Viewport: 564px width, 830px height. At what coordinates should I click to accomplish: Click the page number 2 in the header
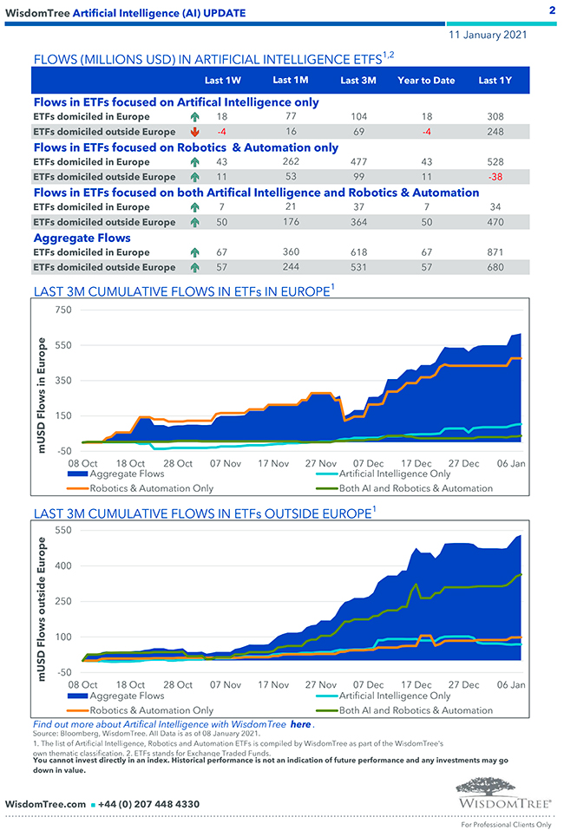(x=552, y=10)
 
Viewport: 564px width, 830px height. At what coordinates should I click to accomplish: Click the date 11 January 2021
(x=487, y=36)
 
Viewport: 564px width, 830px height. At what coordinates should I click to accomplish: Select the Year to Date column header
(x=426, y=81)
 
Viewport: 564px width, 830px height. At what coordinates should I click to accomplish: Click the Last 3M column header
(x=357, y=81)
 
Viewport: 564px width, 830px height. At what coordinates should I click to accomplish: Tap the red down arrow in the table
(x=194, y=132)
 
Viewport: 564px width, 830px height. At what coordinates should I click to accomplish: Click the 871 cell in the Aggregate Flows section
(x=495, y=252)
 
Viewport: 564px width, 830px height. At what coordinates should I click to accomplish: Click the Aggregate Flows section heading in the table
(x=82, y=238)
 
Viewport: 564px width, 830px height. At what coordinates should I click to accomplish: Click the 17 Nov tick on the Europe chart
(x=273, y=464)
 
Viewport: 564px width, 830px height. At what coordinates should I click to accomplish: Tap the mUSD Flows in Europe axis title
(x=41, y=380)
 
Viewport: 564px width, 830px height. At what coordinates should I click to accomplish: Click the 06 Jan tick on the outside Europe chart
(x=511, y=685)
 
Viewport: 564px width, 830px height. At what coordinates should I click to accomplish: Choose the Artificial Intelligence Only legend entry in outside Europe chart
(x=394, y=696)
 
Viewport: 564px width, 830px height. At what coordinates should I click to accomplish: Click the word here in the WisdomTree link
(x=300, y=724)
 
